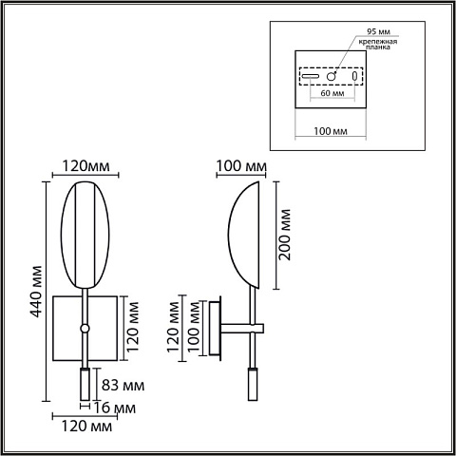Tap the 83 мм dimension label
pyautogui.click(x=123, y=386)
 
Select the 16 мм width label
pyautogui.click(x=115, y=408)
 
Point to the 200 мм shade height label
pyautogui.click(x=284, y=235)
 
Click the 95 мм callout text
pyautogui.click(x=378, y=31)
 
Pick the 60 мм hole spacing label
pyautogui.click(x=332, y=93)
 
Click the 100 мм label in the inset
pyautogui.click(x=331, y=131)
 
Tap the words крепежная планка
pyautogui.click(x=378, y=45)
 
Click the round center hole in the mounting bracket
pyautogui.click(x=332, y=76)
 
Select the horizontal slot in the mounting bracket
pyautogui.click(x=310, y=76)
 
